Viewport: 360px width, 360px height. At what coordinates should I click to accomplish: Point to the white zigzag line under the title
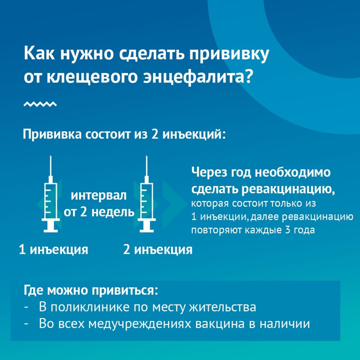[40, 104]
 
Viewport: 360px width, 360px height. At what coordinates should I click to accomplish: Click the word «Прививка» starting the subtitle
[52, 134]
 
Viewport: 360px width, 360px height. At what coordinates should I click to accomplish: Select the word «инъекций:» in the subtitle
[194, 134]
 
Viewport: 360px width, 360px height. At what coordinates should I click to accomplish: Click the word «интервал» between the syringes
[99, 196]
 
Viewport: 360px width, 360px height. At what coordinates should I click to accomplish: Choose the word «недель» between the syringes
[113, 212]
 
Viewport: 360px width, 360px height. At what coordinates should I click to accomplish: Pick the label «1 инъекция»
[54, 249]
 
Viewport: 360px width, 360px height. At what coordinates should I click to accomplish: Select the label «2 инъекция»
[158, 249]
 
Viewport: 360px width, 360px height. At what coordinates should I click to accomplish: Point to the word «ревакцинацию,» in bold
[288, 189]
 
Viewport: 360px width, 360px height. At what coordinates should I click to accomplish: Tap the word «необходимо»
[293, 172]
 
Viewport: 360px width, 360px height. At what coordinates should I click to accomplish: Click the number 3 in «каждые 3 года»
[288, 230]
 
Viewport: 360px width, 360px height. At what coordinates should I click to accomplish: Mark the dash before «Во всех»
[26, 324]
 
